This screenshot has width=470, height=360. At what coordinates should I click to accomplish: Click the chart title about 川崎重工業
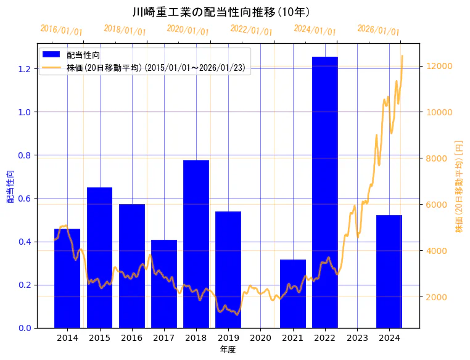tap(221, 12)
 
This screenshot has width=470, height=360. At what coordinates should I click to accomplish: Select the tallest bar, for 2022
tap(325, 192)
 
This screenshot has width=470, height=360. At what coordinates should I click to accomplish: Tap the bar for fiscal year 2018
tap(196, 243)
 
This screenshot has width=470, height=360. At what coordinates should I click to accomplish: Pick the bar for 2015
tap(99, 257)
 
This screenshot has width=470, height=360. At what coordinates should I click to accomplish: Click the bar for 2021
tap(293, 293)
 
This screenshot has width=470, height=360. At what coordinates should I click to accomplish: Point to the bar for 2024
tap(389, 271)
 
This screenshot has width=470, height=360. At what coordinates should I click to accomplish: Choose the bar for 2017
tap(164, 284)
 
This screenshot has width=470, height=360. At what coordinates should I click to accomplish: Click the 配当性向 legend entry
tap(83, 55)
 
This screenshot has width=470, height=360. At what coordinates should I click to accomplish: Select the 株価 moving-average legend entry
tap(157, 68)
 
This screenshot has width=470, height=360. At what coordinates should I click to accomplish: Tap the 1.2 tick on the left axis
tap(24, 68)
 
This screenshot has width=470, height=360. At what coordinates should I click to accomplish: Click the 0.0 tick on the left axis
tap(24, 328)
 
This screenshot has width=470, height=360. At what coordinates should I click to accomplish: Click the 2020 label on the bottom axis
tap(260, 338)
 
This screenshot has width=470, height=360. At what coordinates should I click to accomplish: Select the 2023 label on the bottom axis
tap(357, 338)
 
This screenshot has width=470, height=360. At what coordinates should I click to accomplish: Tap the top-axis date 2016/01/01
tap(61, 30)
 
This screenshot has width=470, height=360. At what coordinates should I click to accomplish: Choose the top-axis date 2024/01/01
tap(315, 30)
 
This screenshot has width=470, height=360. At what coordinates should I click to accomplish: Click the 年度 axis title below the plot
tap(228, 350)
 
